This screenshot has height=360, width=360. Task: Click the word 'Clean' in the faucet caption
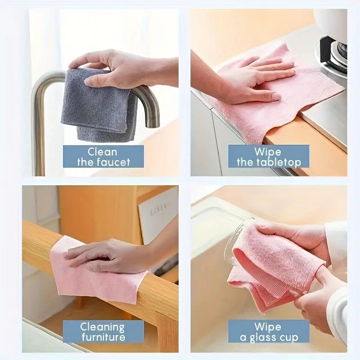103,152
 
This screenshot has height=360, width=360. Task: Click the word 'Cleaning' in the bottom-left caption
103,327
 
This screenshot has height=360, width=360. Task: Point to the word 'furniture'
103,337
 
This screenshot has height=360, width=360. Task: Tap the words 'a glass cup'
269,337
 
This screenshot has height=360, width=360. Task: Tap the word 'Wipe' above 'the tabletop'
268,152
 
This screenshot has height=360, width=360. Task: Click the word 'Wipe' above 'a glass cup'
268,327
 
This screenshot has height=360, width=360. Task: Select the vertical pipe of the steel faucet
40,135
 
